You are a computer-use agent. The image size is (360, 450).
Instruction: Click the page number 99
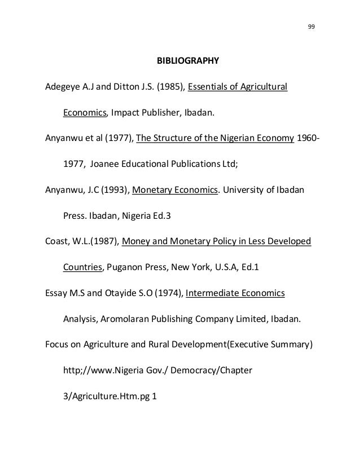[312, 27]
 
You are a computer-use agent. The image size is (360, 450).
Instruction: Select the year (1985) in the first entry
[168, 87]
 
